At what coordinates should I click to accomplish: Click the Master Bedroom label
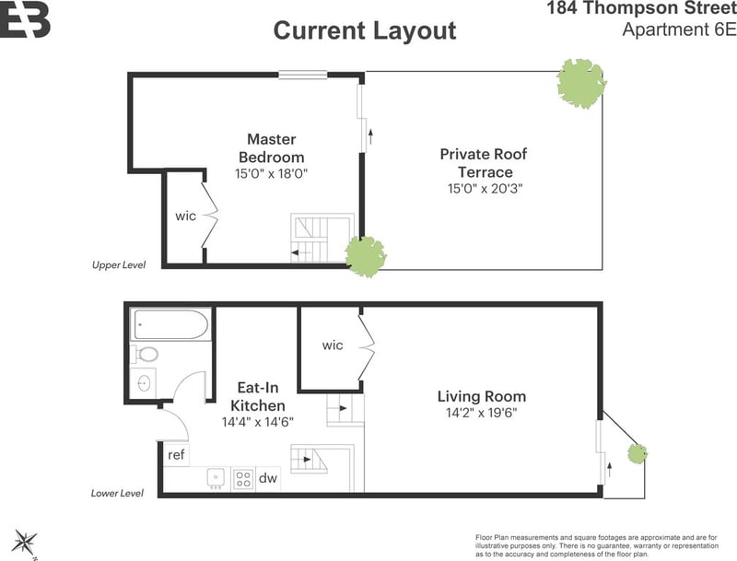tap(271, 148)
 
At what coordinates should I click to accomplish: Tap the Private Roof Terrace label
tap(484, 162)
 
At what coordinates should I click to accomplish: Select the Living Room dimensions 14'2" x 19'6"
tap(481, 413)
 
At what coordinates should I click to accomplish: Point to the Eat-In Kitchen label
tap(258, 396)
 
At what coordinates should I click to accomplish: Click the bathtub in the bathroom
tap(171, 324)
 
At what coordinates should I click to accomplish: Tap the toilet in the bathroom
tap(146, 354)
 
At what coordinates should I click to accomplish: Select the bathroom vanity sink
tap(144, 383)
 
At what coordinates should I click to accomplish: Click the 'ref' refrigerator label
tap(176, 455)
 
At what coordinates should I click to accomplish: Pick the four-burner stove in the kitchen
tap(243, 479)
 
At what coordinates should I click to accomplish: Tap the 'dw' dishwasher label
tap(268, 478)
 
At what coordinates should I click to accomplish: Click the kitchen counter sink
tap(216, 478)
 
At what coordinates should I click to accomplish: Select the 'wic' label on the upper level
tap(186, 216)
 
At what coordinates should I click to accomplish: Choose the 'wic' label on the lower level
tap(333, 345)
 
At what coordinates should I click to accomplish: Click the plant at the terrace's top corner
tap(581, 84)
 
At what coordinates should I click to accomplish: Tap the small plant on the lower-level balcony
tap(638, 453)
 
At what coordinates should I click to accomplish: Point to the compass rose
tap(25, 543)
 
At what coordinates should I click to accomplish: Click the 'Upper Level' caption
tap(119, 265)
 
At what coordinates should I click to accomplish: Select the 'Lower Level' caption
tap(117, 494)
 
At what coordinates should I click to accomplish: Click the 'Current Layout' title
tap(365, 31)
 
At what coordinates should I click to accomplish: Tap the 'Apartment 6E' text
tap(679, 29)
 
